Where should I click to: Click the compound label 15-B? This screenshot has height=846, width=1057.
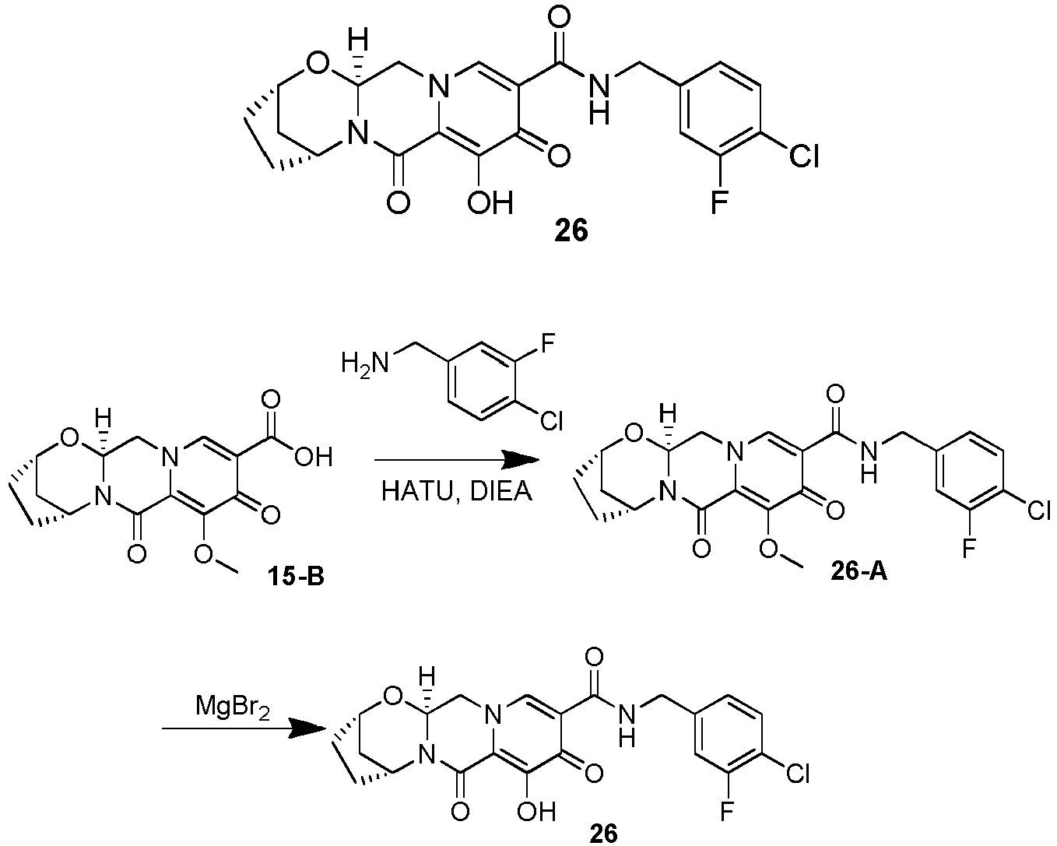point(296,576)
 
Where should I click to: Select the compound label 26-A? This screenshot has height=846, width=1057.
point(859,571)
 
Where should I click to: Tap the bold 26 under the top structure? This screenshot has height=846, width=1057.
point(571,230)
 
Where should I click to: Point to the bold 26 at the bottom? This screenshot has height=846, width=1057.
point(604,834)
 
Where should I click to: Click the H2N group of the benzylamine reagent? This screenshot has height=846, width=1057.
point(365,363)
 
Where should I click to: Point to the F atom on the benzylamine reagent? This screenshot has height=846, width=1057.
point(548,342)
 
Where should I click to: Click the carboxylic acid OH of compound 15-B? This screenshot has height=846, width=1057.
point(313,456)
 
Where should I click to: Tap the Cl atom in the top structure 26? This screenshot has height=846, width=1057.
point(803,156)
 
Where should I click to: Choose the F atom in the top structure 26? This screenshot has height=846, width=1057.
point(718,202)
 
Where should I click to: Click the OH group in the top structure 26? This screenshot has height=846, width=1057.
point(490,202)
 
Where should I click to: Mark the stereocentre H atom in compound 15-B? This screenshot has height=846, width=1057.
point(104,418)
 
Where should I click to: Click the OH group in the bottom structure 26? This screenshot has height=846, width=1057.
point(536,811)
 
